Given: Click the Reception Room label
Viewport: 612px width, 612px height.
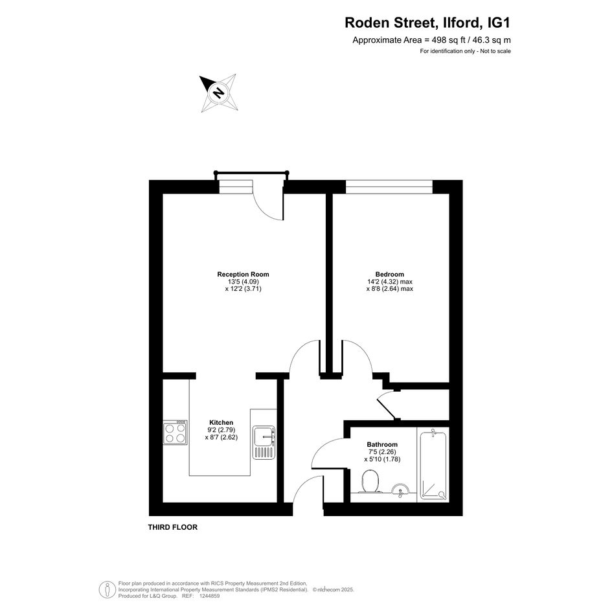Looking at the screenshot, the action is pyautogui.click(x=243, y=275).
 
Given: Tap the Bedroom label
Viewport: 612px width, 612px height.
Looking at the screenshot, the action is pyautogui.click(x=389, y=275).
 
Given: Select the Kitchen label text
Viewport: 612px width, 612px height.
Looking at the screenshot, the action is pyautogui.click(x=221, y=422).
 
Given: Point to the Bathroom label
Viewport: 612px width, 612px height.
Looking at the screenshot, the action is pyautogui.click(x=382, y=444).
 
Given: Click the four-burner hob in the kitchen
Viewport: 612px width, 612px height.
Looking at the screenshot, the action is pyautogui.click(x=176, y=432).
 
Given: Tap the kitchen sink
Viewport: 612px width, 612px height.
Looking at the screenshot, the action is pyautogui.click(x=264, y=442).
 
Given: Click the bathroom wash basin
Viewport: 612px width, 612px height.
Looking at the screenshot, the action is pyautogui.click(x=400, y=490).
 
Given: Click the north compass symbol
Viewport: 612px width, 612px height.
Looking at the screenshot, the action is pyautogui.click(x=219, y=93).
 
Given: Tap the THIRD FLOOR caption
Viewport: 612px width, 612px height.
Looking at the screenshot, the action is pyautogui.click(x=172, y=527).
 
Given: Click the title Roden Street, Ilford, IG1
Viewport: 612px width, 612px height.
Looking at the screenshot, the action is pyautogui.click(x=427, y=23).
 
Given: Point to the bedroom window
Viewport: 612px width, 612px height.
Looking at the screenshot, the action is pyautogui.click(x=389, y=187).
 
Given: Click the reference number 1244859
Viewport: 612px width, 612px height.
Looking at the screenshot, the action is pyautogui.click(x=210, y=596).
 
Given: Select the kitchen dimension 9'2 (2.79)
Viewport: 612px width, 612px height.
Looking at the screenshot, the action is pyautogui.click(x=221, y=430).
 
